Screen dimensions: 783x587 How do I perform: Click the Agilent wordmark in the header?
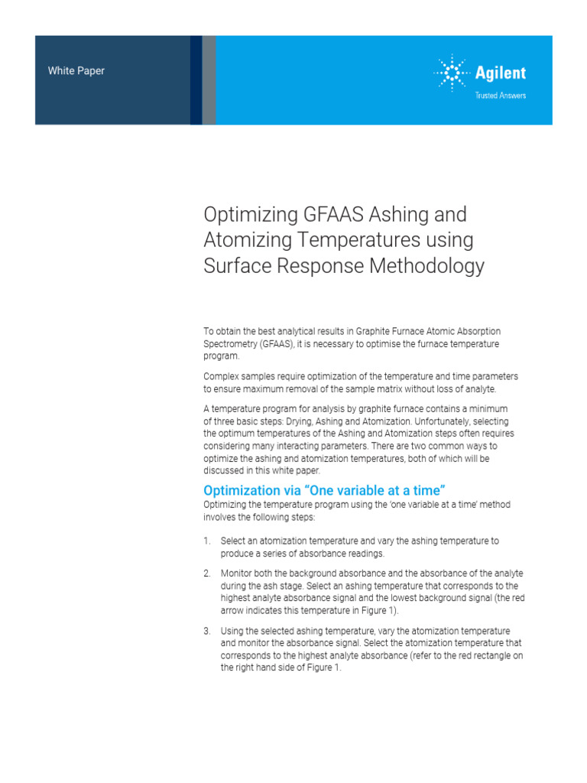(501, 74)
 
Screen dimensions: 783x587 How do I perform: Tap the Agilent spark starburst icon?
(452, 74)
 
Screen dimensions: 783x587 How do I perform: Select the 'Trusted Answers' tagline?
(501, 96)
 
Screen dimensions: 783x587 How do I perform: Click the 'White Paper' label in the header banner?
(76, 71)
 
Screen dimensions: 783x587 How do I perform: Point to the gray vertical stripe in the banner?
(209, 80)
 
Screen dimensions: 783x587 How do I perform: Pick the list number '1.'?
(207, 541)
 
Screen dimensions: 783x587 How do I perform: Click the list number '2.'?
(207, 573)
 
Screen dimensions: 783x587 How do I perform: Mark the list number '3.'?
(207, 631)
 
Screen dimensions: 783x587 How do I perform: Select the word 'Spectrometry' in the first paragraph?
(230, 344)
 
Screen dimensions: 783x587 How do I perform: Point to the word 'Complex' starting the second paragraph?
(220, 376)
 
